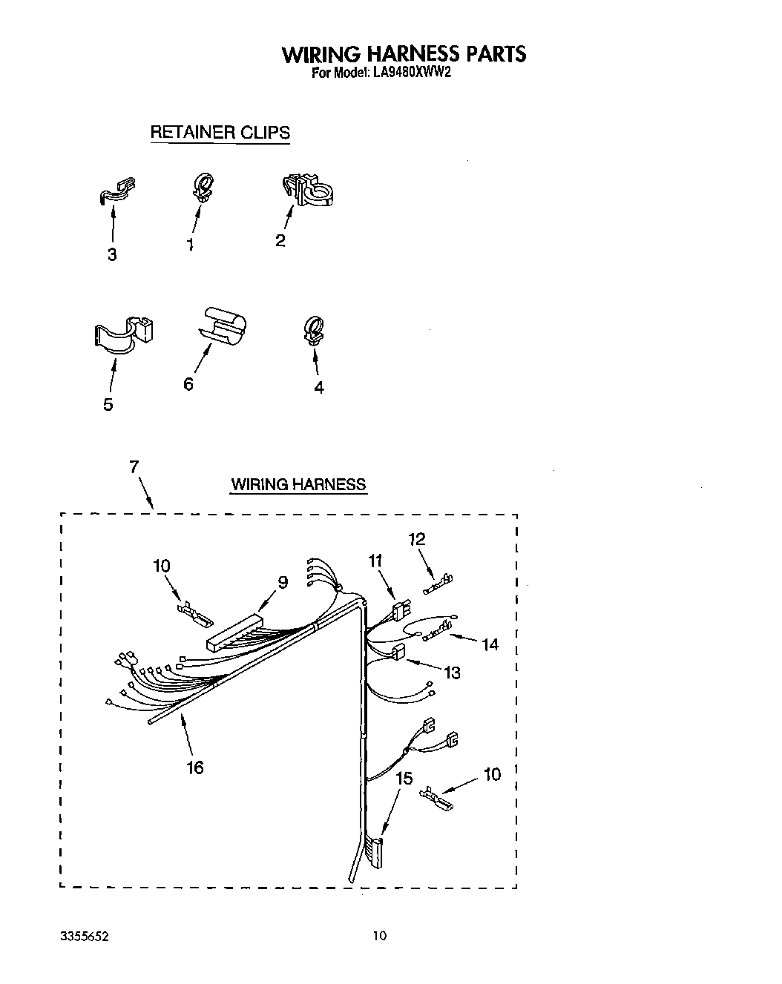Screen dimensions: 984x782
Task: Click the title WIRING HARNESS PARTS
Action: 404,54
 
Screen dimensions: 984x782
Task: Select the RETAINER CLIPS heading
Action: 220,133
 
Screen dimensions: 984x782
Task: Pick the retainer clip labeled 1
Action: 201,186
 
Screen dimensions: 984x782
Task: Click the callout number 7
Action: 134,466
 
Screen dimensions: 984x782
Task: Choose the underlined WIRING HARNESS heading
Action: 298,485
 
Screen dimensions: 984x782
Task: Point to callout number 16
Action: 195,767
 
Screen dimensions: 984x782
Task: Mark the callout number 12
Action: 417,539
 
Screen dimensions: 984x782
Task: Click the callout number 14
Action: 490,644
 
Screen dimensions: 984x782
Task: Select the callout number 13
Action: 452,673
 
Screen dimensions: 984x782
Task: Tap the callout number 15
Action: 404,779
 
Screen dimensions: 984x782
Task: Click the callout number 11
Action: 375,561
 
